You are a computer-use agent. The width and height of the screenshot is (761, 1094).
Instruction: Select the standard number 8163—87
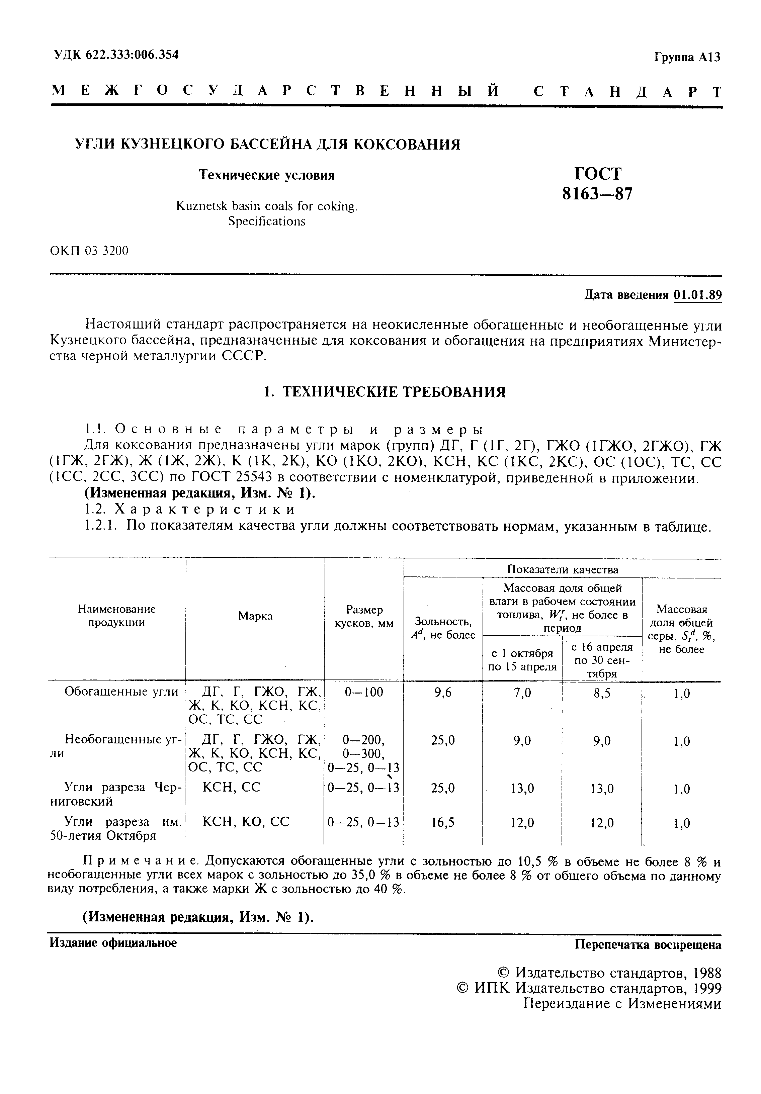coord(598,194)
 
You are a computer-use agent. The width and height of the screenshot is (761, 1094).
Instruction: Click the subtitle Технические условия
coord(266,175)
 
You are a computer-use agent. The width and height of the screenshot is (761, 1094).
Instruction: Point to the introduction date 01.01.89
coord(698,295)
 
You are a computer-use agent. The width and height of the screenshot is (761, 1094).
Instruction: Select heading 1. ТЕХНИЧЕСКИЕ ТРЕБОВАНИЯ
coord(385,392)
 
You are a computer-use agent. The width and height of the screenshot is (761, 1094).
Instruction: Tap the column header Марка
coord(255,616)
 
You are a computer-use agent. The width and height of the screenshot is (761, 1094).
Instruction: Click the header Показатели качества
coord(562,569)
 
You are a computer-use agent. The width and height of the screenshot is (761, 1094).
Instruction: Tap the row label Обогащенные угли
coord(121,692)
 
